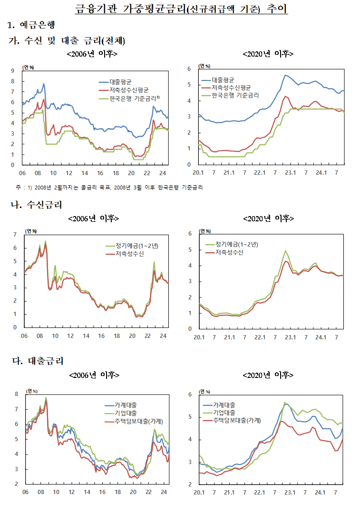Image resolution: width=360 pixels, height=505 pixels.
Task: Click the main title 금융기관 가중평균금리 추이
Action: [x=181, y=9]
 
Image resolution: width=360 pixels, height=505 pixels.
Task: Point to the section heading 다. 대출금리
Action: [x=37, y=361]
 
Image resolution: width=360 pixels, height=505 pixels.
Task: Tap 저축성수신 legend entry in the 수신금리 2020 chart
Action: [x=229, y=252]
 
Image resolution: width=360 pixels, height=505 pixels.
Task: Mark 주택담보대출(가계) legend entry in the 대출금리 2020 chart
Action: [x=236, y=421]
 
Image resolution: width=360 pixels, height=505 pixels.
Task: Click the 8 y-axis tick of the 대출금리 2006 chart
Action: [x=16, y=394]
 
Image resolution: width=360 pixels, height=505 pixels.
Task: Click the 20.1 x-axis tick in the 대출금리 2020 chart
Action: [x=199, y=493]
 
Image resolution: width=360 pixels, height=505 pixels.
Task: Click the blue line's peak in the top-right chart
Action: [x=285, y=75]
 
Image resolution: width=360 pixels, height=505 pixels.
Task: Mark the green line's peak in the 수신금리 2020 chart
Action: [x=285, y=250]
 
